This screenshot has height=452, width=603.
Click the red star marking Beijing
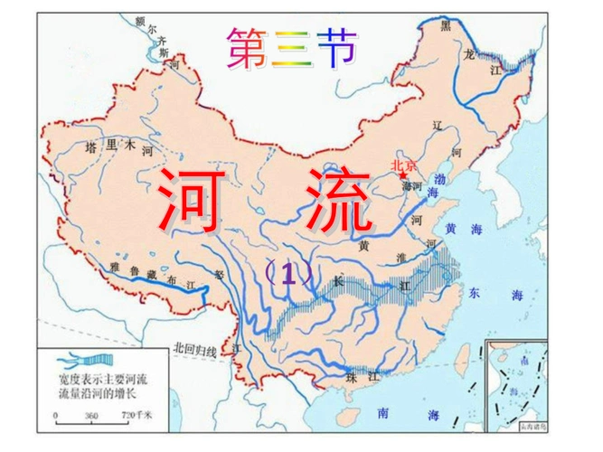pyautogui.click(x=403, y=175)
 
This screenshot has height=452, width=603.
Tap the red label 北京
pyautogui.click(x=404, y=165)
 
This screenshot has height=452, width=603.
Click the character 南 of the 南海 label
pyautogui.click(x=385, y=412)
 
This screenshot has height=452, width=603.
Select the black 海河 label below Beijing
pyautogui.click(x=412, y=186)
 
